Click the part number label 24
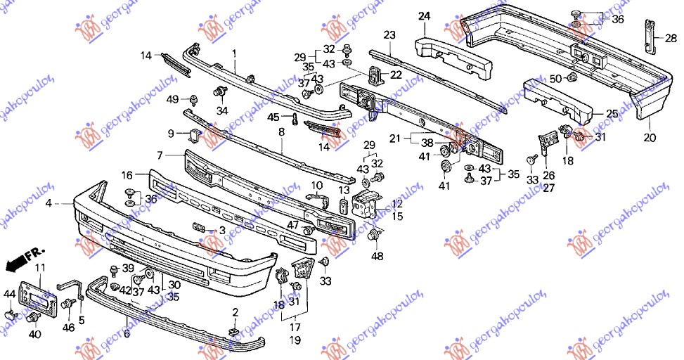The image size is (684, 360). (424, 15)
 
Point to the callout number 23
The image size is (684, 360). (389, 34)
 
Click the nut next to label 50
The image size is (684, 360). (572, 77)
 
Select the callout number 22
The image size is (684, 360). (396, 75)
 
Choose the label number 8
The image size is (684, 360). (281, 131)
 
